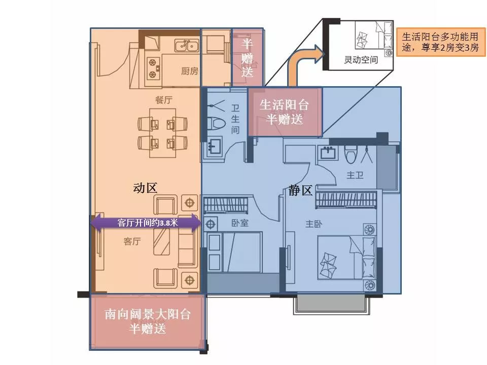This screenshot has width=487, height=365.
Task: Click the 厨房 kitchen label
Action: point(189,71)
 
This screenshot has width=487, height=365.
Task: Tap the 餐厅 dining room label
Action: point(164,100)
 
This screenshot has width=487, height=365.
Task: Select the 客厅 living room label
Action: point(132,241)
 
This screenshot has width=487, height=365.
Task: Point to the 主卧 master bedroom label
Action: point(314,224)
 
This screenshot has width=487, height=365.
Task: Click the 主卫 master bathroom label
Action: point(355,175)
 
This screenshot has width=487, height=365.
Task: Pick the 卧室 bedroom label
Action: point(240,223)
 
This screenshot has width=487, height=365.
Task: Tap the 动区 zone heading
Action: point(145,188)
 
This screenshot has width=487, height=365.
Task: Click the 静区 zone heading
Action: point(300,190)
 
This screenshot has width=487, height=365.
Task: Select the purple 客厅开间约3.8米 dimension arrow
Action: point(146,223)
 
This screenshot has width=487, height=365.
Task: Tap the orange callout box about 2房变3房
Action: point(441,42)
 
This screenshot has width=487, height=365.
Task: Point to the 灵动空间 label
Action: point(361,59)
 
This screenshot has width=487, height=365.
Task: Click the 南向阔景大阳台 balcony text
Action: point(148,314)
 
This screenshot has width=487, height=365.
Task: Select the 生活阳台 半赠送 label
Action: point(284,112)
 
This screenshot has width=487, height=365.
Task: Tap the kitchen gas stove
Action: point(153,68)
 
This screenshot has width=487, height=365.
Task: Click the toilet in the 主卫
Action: point(351,155)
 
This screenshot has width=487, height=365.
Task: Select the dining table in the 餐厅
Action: point(162,133)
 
